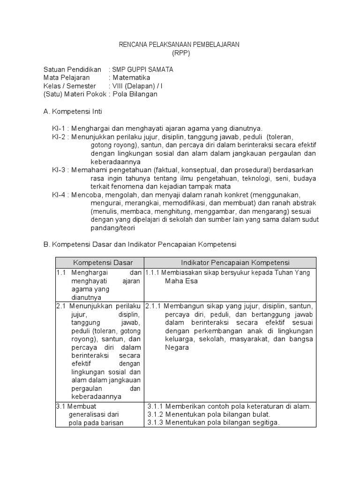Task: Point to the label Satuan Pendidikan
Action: tap(72, 69)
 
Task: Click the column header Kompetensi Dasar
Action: tap(99, 262)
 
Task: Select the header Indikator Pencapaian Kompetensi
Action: tap(230, 262)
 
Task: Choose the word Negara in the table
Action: tap(177, 347)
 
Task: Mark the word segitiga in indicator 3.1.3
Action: tap(265, 422)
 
